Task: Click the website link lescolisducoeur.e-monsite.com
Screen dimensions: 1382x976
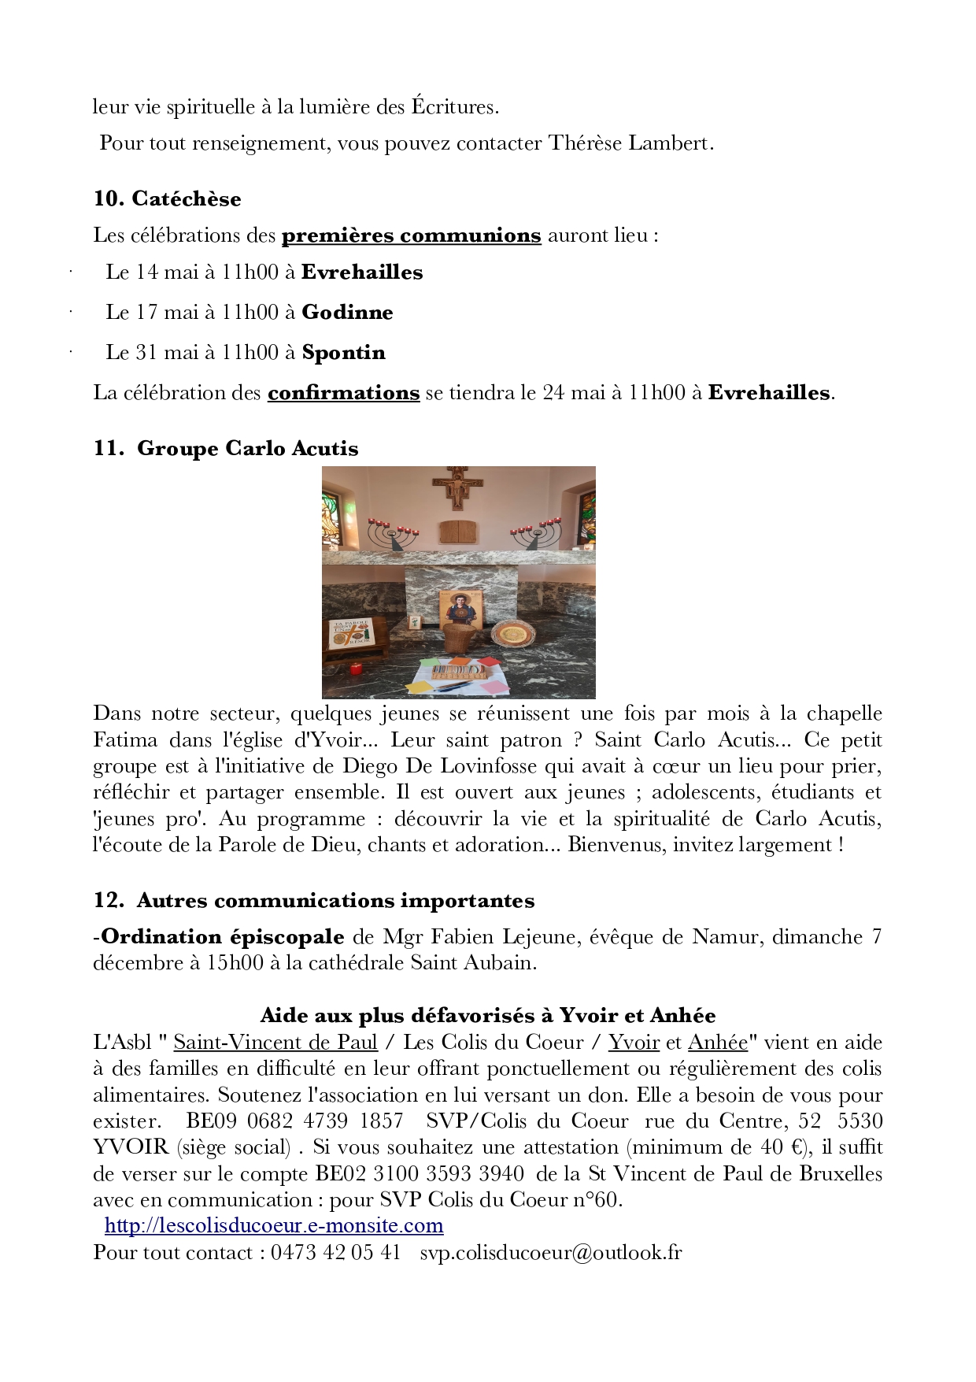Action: [274, 1226]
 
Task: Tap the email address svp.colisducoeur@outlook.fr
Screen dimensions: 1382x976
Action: [550, 1252]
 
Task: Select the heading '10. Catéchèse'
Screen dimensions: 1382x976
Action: [167, 198]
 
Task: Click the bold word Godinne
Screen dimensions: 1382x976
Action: [347, 313]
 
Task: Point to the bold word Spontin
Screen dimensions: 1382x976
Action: [343, 352]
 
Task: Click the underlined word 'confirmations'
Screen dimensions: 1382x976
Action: [343, 392]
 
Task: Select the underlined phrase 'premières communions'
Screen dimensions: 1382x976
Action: [411, 235]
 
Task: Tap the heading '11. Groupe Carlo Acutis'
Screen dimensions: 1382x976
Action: [226, 448]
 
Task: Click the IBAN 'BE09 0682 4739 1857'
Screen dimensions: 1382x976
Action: [294, 1121]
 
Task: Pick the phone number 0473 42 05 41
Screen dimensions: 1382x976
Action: [335, 1252]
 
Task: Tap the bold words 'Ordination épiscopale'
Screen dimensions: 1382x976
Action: [223, 936]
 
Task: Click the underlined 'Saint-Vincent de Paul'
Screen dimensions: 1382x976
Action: [275, 1042]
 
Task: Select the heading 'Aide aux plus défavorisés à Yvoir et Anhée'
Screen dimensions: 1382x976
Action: [487, 1015]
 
